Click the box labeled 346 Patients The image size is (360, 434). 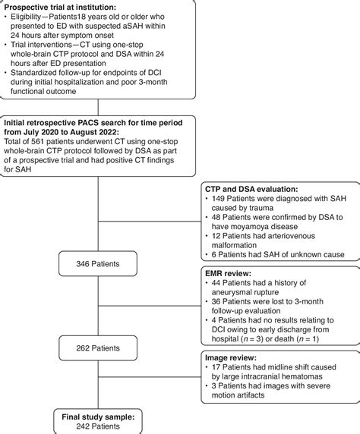98,263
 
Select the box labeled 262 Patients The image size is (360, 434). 98,348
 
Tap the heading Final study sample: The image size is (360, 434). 98,417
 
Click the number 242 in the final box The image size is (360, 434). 83,426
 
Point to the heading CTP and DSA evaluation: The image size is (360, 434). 251,189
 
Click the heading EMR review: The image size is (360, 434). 228,273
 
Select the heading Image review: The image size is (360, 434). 231,358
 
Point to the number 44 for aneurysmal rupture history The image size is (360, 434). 216,283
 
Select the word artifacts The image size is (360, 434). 251,395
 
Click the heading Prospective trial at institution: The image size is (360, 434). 60,8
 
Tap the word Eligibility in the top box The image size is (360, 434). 26,17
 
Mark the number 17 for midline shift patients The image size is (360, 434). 216,367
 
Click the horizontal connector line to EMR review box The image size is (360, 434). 150,306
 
